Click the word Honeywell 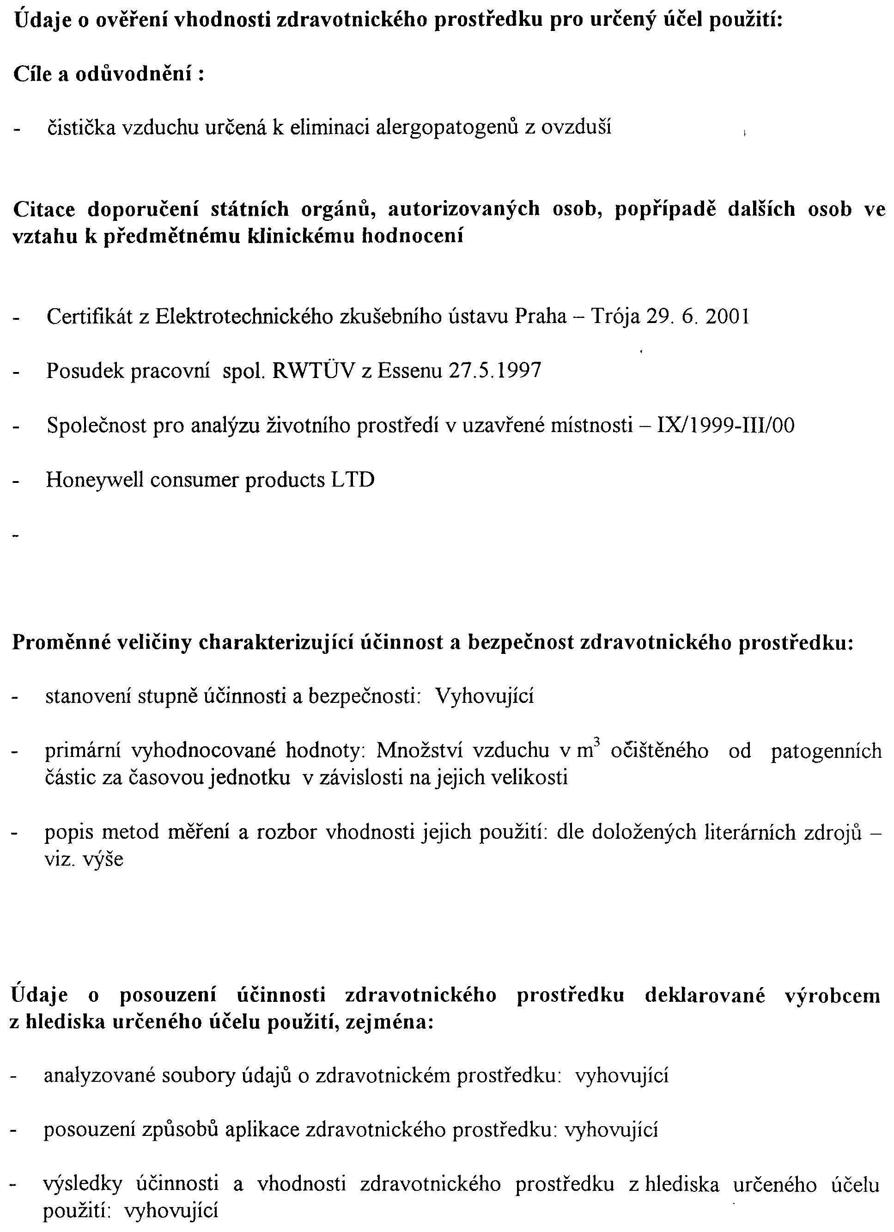[x=94, y=481]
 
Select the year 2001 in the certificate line [x=727, y=316]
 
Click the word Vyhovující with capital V [x=485, y=696]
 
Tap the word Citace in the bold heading [x=44, y=209]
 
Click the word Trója [x=613, y=316]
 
